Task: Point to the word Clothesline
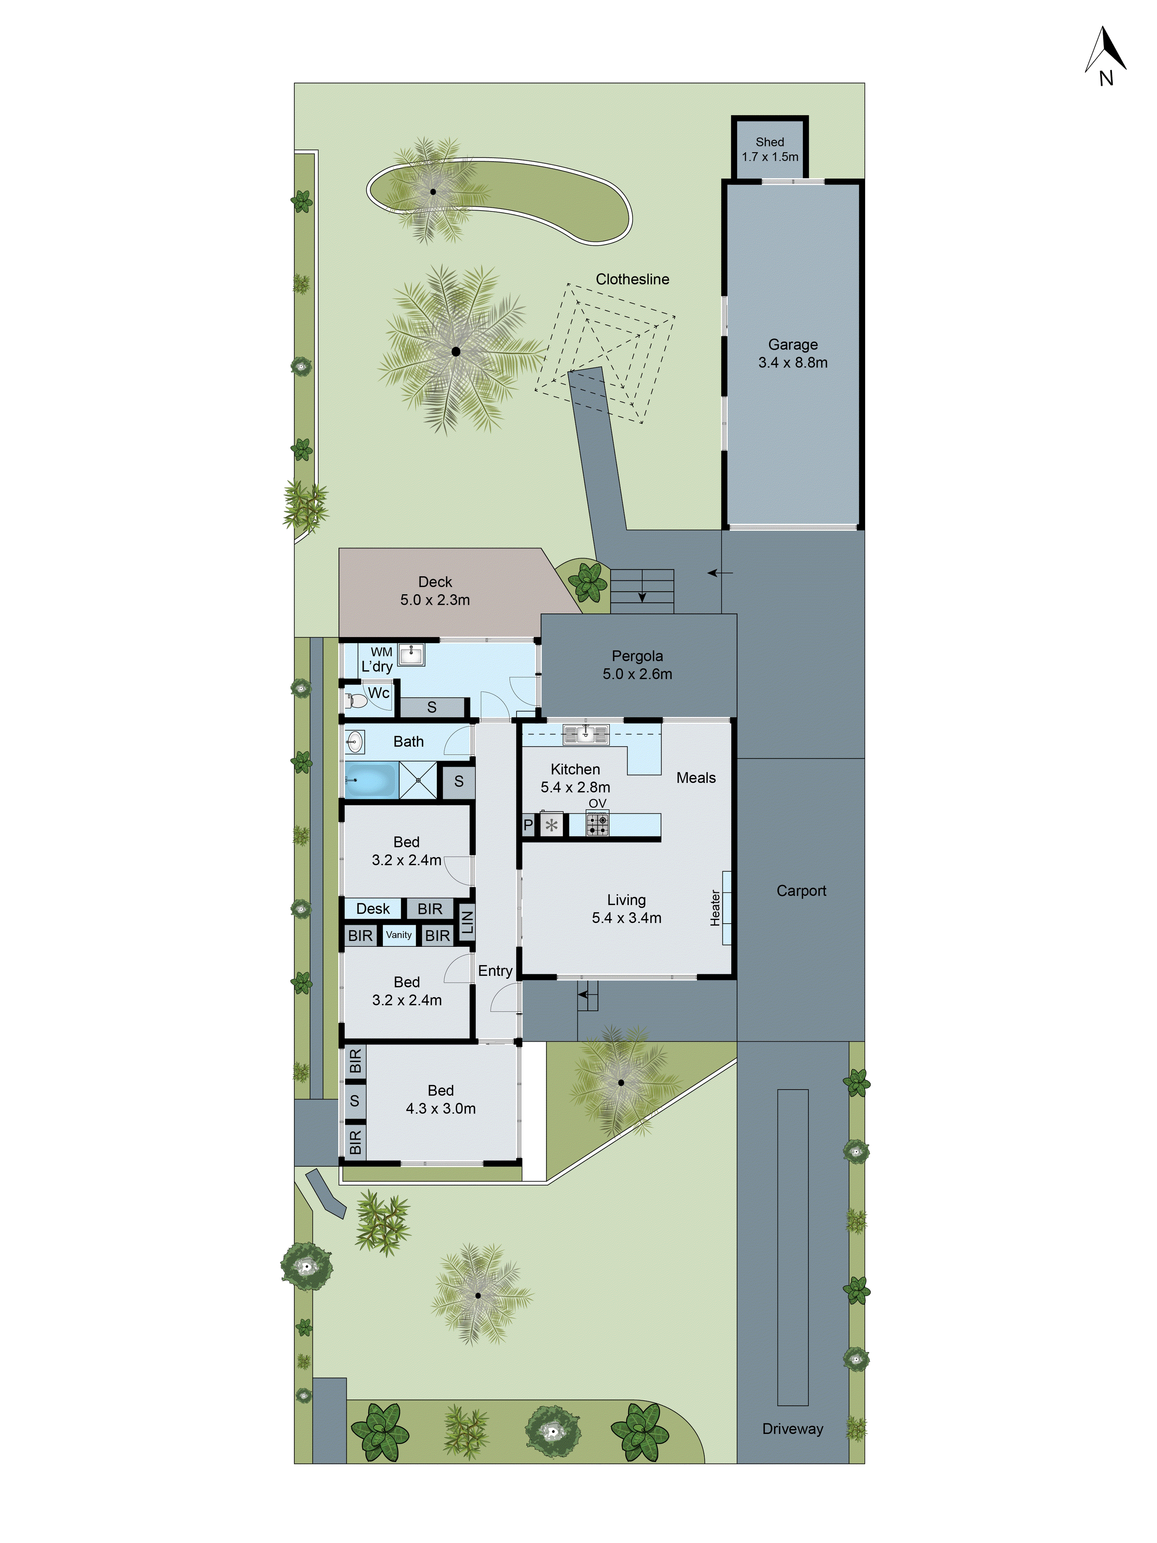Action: point(632,279)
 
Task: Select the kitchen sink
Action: point(586,734)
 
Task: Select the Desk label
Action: point(373,908)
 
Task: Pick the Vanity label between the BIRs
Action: point(399,935)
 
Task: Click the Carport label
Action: point(801,891)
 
